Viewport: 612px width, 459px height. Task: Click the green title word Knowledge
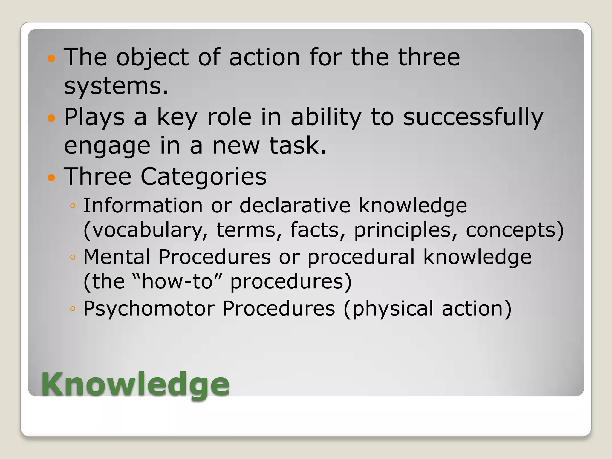coord(135,385)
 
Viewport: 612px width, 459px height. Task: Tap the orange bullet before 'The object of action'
coord(51,58)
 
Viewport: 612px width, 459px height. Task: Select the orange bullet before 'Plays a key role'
coord(51,118)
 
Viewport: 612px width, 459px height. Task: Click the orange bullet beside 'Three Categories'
coord(51,178)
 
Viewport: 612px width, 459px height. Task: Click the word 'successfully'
coord(473,117)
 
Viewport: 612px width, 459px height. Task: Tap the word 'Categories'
coord(203,177)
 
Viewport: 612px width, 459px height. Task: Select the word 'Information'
coord(143,206)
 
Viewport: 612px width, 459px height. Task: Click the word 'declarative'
coord(295,206)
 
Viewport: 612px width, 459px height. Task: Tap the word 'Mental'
coord(117,257)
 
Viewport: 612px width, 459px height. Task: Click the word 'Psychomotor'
coord(149,308)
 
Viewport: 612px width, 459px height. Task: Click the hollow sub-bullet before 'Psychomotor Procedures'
coord(73,309)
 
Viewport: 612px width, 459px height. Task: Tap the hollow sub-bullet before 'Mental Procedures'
coord(73,257)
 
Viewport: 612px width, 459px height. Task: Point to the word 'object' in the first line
coord(152,57)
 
